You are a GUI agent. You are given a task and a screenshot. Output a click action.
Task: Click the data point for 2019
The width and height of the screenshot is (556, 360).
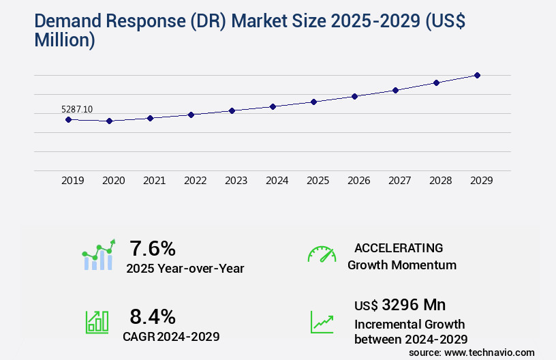[x=68, y=119]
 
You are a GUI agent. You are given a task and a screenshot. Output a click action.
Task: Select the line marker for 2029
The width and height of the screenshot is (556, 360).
[x=477, y=75]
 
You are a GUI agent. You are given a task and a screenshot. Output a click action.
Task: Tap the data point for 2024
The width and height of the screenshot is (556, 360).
[x=273, y=106]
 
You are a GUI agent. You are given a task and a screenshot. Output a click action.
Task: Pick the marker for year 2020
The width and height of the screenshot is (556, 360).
[x=109, y=121]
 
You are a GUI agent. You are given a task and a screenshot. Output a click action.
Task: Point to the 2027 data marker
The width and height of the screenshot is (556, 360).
[x=395, y=90]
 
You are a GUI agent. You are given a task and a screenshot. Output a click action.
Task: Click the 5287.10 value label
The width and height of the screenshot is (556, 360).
[x=77, y=109]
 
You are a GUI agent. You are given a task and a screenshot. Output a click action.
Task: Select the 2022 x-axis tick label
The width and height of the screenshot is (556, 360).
[x=195, y=181]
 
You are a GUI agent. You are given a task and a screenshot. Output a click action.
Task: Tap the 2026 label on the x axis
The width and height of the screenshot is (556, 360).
[x=358, y=181]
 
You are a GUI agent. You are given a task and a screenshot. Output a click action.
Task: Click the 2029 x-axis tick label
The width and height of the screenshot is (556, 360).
[x=481, y=181]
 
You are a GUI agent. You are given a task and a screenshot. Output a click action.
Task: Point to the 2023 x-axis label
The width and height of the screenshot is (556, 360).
[x=236, y=181]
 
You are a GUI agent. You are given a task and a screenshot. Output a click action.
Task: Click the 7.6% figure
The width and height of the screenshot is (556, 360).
[x=153, y=248]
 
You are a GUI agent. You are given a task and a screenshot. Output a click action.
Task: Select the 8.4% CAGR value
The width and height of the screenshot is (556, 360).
[x=153, y=316]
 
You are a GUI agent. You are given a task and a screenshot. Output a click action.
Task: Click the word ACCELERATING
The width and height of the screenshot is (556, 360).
[x=399, y=247]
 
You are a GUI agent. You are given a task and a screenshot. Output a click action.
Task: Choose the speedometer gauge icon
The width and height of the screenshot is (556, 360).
[x=322, y=254]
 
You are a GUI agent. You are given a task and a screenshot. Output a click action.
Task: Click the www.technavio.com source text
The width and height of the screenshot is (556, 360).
[x=489, y=352]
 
